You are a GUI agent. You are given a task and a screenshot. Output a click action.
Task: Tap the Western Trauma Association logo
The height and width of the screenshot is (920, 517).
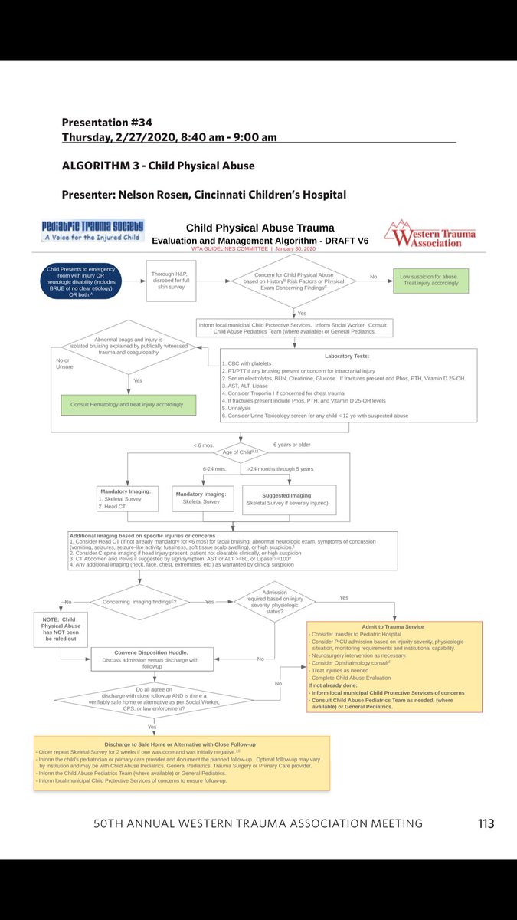click(x=430, y=233)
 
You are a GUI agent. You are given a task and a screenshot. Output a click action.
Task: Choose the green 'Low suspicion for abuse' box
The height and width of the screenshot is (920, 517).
click(x=430, y=280)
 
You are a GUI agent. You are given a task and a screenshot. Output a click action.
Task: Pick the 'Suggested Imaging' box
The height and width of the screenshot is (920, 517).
click(x=288, y=499)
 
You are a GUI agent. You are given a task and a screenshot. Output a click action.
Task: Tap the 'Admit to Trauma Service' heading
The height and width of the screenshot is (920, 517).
click(x=395, y=626)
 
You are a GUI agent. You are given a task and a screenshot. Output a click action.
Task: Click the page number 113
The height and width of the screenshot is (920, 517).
click(x=486, y=823)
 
